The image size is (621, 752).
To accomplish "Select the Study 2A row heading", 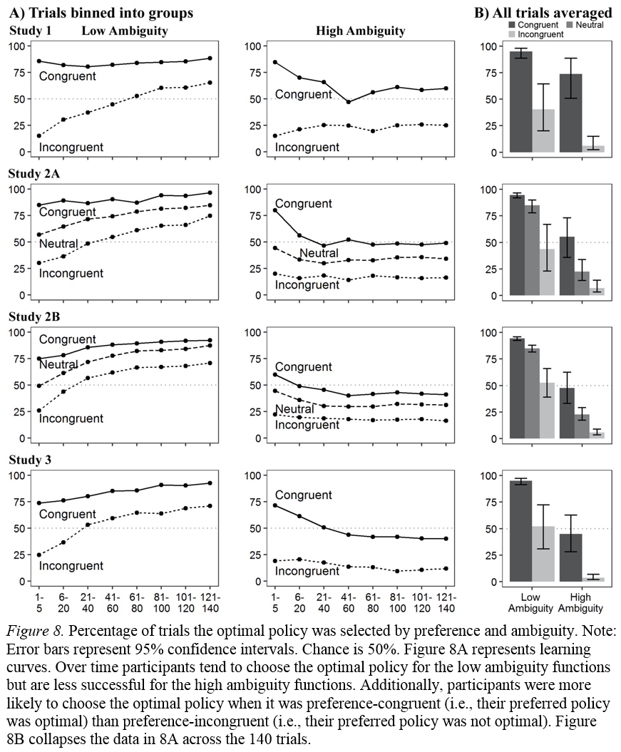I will click(x=30, y=174).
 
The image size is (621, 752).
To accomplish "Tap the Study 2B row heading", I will click(x=30, y=317).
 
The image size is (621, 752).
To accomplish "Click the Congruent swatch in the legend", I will click(x=511, y=25).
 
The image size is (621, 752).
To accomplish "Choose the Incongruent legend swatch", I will click(x=511, y=34).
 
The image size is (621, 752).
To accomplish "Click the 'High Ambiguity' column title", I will click(x=360, y=31).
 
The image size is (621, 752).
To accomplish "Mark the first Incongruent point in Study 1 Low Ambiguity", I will click(x=38, y=135).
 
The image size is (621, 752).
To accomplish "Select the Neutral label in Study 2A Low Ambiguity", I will click(x=58, y=244).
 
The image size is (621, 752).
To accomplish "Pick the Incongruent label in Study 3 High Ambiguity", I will click(x=307, y=571).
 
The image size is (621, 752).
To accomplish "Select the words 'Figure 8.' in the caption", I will click(x=40, y=630).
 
